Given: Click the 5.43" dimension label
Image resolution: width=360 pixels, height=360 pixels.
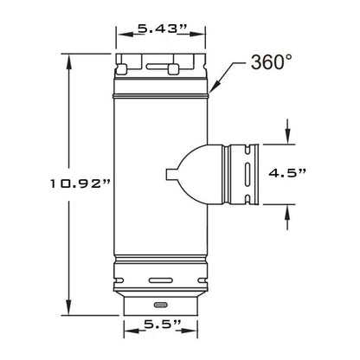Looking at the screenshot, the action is pyautogui.click(x=163, y=29).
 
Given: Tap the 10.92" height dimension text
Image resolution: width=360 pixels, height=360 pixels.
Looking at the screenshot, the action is pyautogui.click(x=80, y=183).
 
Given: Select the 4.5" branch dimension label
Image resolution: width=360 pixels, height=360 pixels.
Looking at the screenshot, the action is pyautogui.click(x=287, y=173).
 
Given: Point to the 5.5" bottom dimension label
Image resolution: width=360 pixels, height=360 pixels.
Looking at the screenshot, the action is pyautogui.click(x=163, y=325).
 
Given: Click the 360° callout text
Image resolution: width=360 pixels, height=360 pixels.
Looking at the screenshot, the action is pyautogui.click(x=272, y=62).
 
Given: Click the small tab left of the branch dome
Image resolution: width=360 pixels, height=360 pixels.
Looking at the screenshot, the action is pyautogui.click(x=171, y=174).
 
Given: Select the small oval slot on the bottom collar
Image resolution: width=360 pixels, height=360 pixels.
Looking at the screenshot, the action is pyautogui.click(x=161, y=305).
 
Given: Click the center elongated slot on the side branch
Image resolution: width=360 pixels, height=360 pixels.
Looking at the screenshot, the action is pyautogui.click(x=247, y=174).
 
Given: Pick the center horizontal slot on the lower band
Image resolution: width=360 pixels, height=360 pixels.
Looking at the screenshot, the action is pyautogui.click(x=161, y=280).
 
